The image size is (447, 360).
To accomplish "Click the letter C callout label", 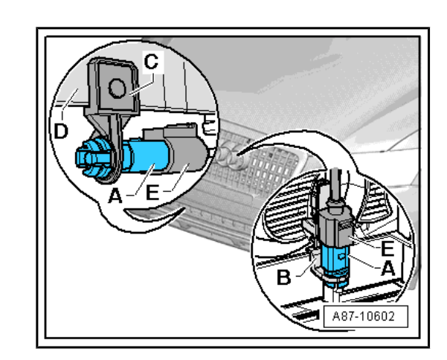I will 150,63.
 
